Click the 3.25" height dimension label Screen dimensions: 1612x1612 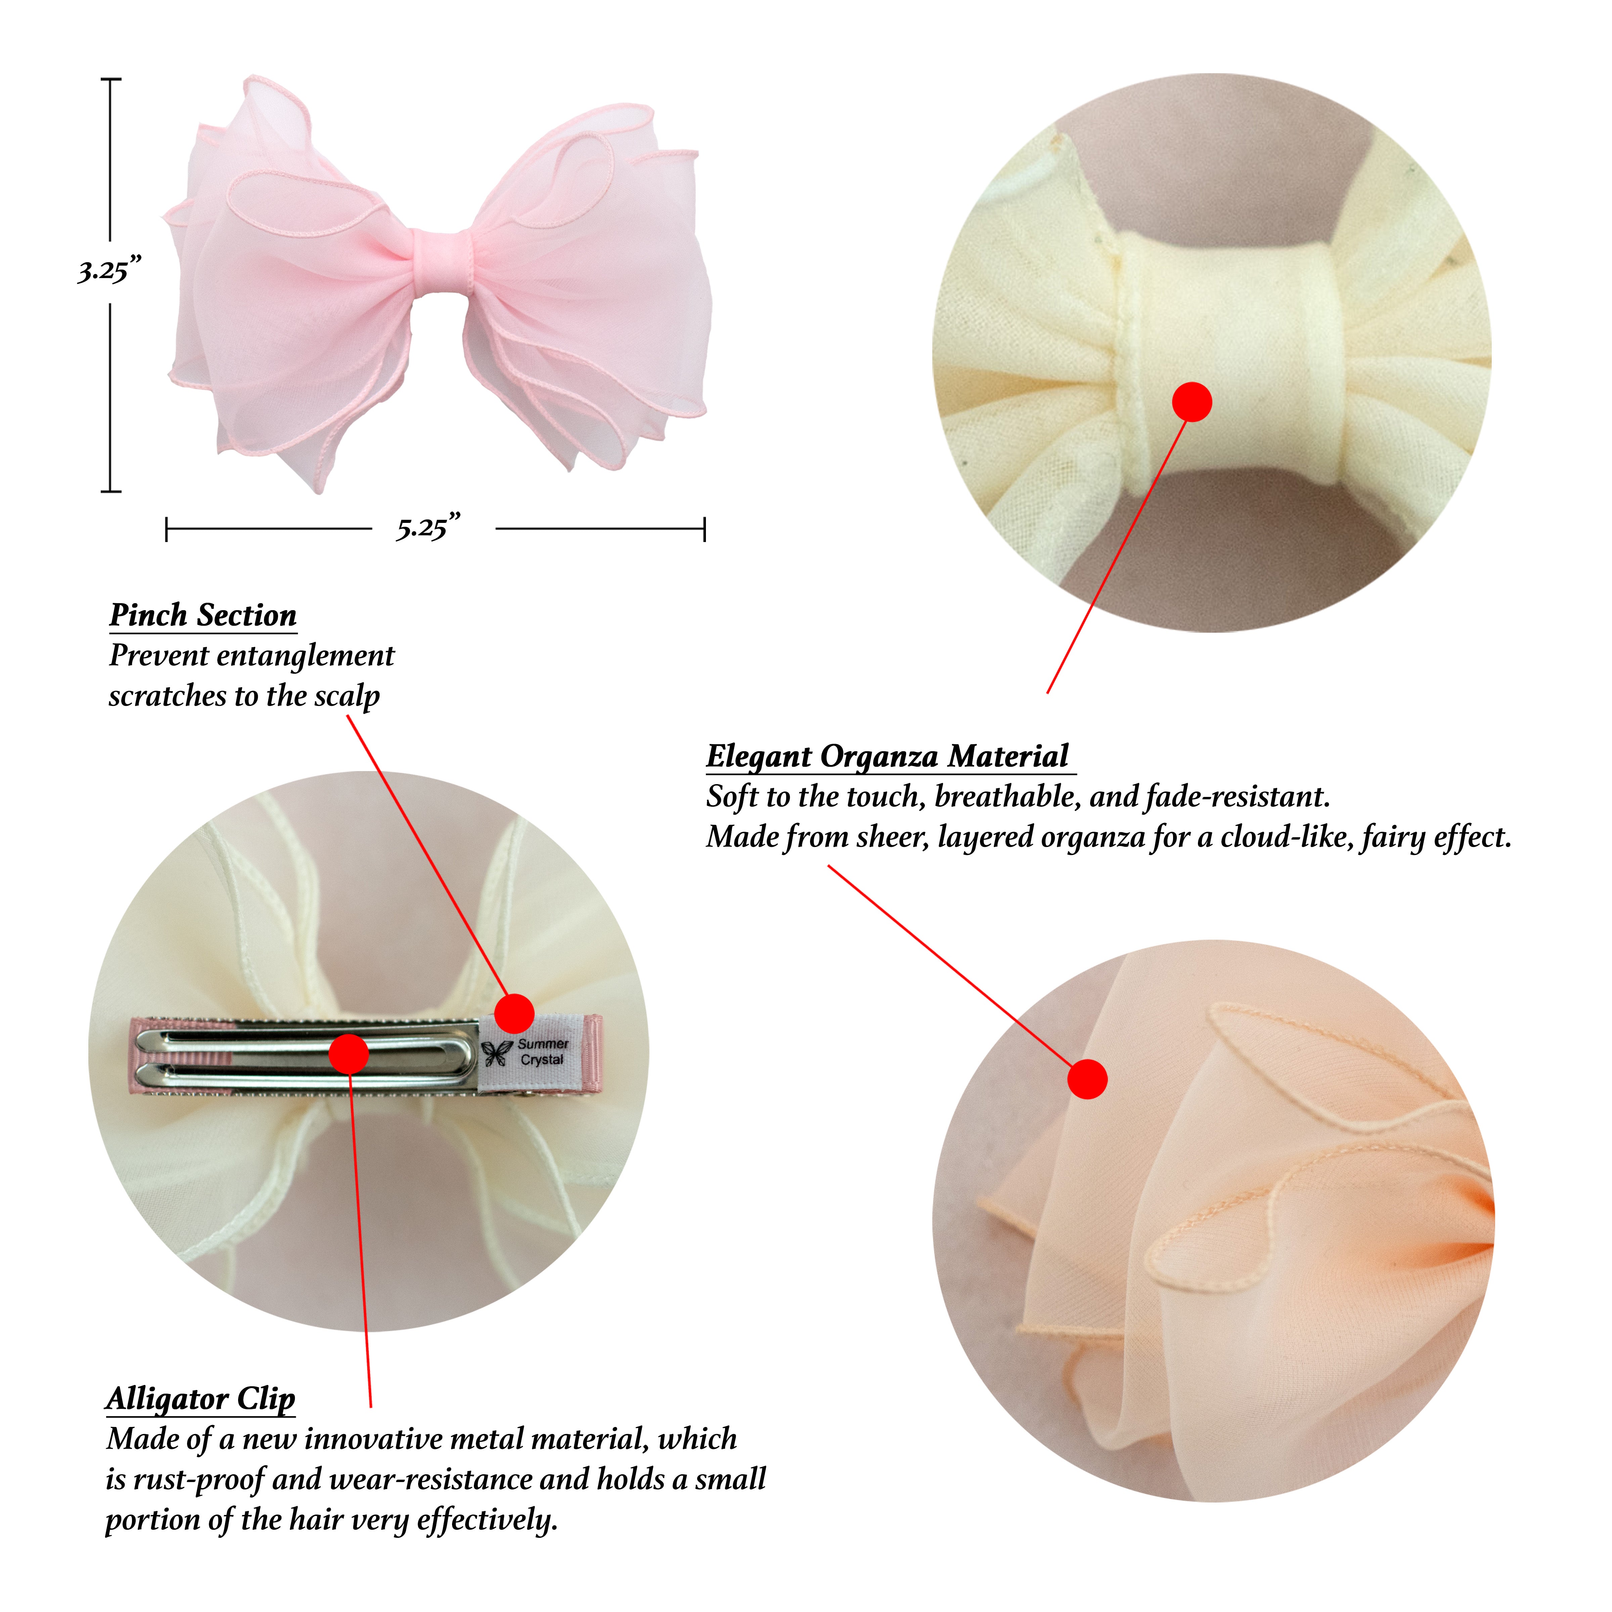109,270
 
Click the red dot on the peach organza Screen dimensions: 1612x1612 1087,1079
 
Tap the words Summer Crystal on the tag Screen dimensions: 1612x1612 542,1051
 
